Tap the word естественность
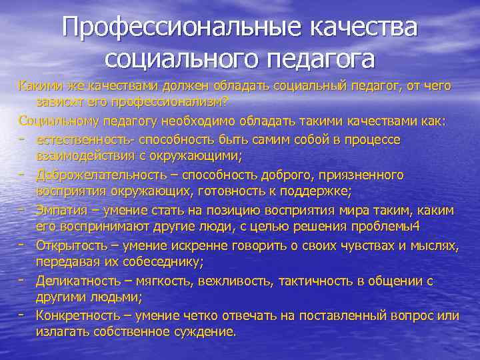click(81, 139)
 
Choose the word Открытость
click(69, 245)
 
